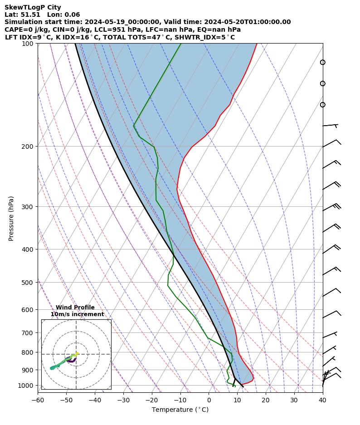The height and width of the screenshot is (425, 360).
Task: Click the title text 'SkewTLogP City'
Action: (33, 7)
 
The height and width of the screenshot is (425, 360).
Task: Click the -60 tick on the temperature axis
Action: (38, 400)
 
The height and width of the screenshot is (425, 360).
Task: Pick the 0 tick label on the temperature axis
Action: (209, 400)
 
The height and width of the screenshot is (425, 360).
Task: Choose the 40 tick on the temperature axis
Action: (322, 400)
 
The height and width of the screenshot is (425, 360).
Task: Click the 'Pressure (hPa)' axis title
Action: (11, 218)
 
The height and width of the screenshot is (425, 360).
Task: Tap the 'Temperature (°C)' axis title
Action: (180, 410)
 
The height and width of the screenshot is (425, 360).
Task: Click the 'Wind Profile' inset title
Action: (75, 308)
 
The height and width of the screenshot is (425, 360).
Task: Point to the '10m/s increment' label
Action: (77, 314)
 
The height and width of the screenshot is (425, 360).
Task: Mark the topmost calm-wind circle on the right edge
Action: (322, 62)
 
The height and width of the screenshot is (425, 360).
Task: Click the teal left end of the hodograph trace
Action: (52, 368)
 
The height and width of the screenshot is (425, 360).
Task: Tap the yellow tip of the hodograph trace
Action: (78, 353)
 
